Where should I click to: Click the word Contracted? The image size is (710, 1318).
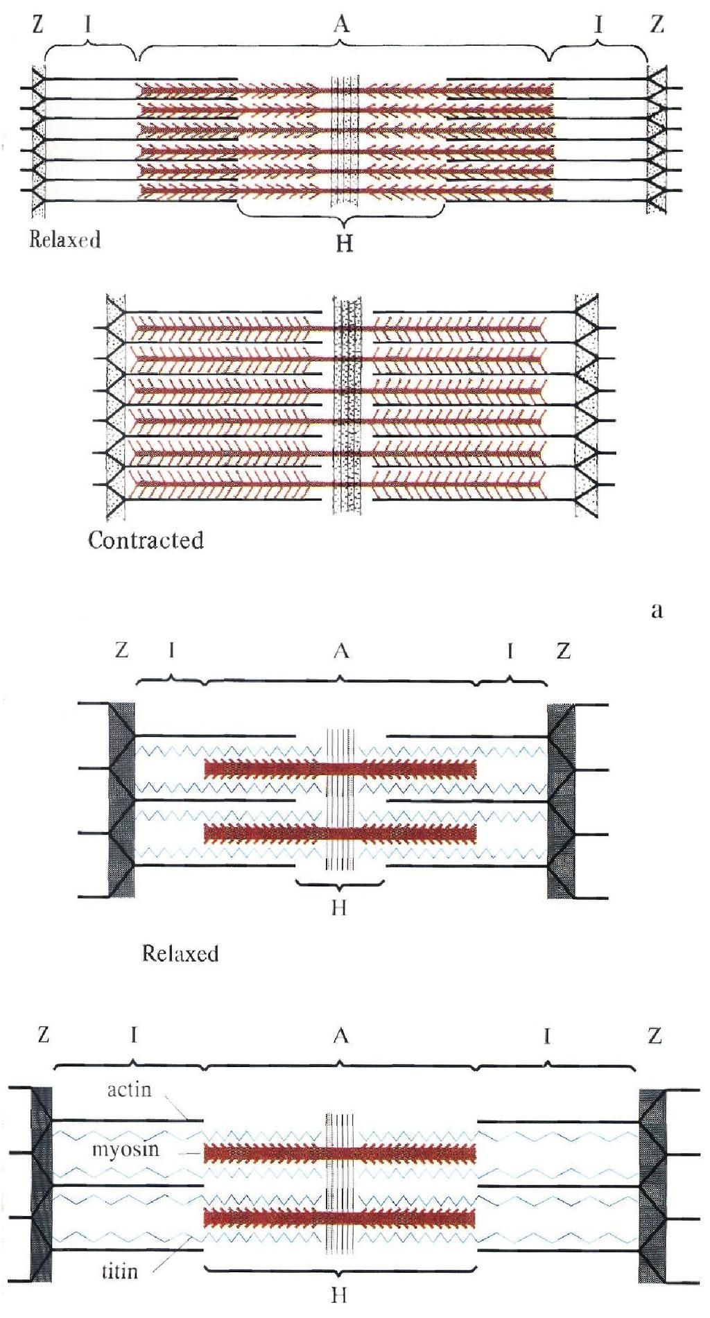pos(146,539)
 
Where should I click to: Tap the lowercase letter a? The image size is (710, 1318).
pos(657,609)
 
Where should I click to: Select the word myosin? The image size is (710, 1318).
pos(125,1150)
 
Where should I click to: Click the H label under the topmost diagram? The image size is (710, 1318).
pos(344,243)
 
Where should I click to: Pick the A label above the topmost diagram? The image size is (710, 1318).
pos(340,24)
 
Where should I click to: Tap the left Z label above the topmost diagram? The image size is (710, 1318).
pos(37,24)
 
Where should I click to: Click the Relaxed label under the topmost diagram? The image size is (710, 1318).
pos(64,240)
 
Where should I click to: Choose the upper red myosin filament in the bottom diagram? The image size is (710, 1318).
pos(340,1153)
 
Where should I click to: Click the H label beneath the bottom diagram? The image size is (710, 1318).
pos(339,1295)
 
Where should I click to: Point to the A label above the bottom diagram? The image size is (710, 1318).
pos(340,1035)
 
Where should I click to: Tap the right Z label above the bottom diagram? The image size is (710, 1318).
pos(655,1035)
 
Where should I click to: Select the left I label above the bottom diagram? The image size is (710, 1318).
pos(134,1035)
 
